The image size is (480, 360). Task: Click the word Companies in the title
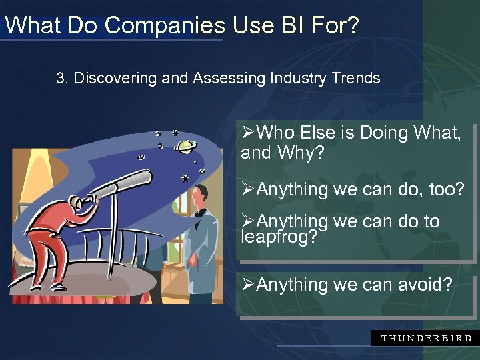(166, 25)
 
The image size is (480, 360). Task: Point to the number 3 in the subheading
(61, 79)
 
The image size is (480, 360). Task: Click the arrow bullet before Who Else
(248, 133)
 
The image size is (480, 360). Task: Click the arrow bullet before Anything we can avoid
(248, 285)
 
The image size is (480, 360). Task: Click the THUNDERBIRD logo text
(425, 338)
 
